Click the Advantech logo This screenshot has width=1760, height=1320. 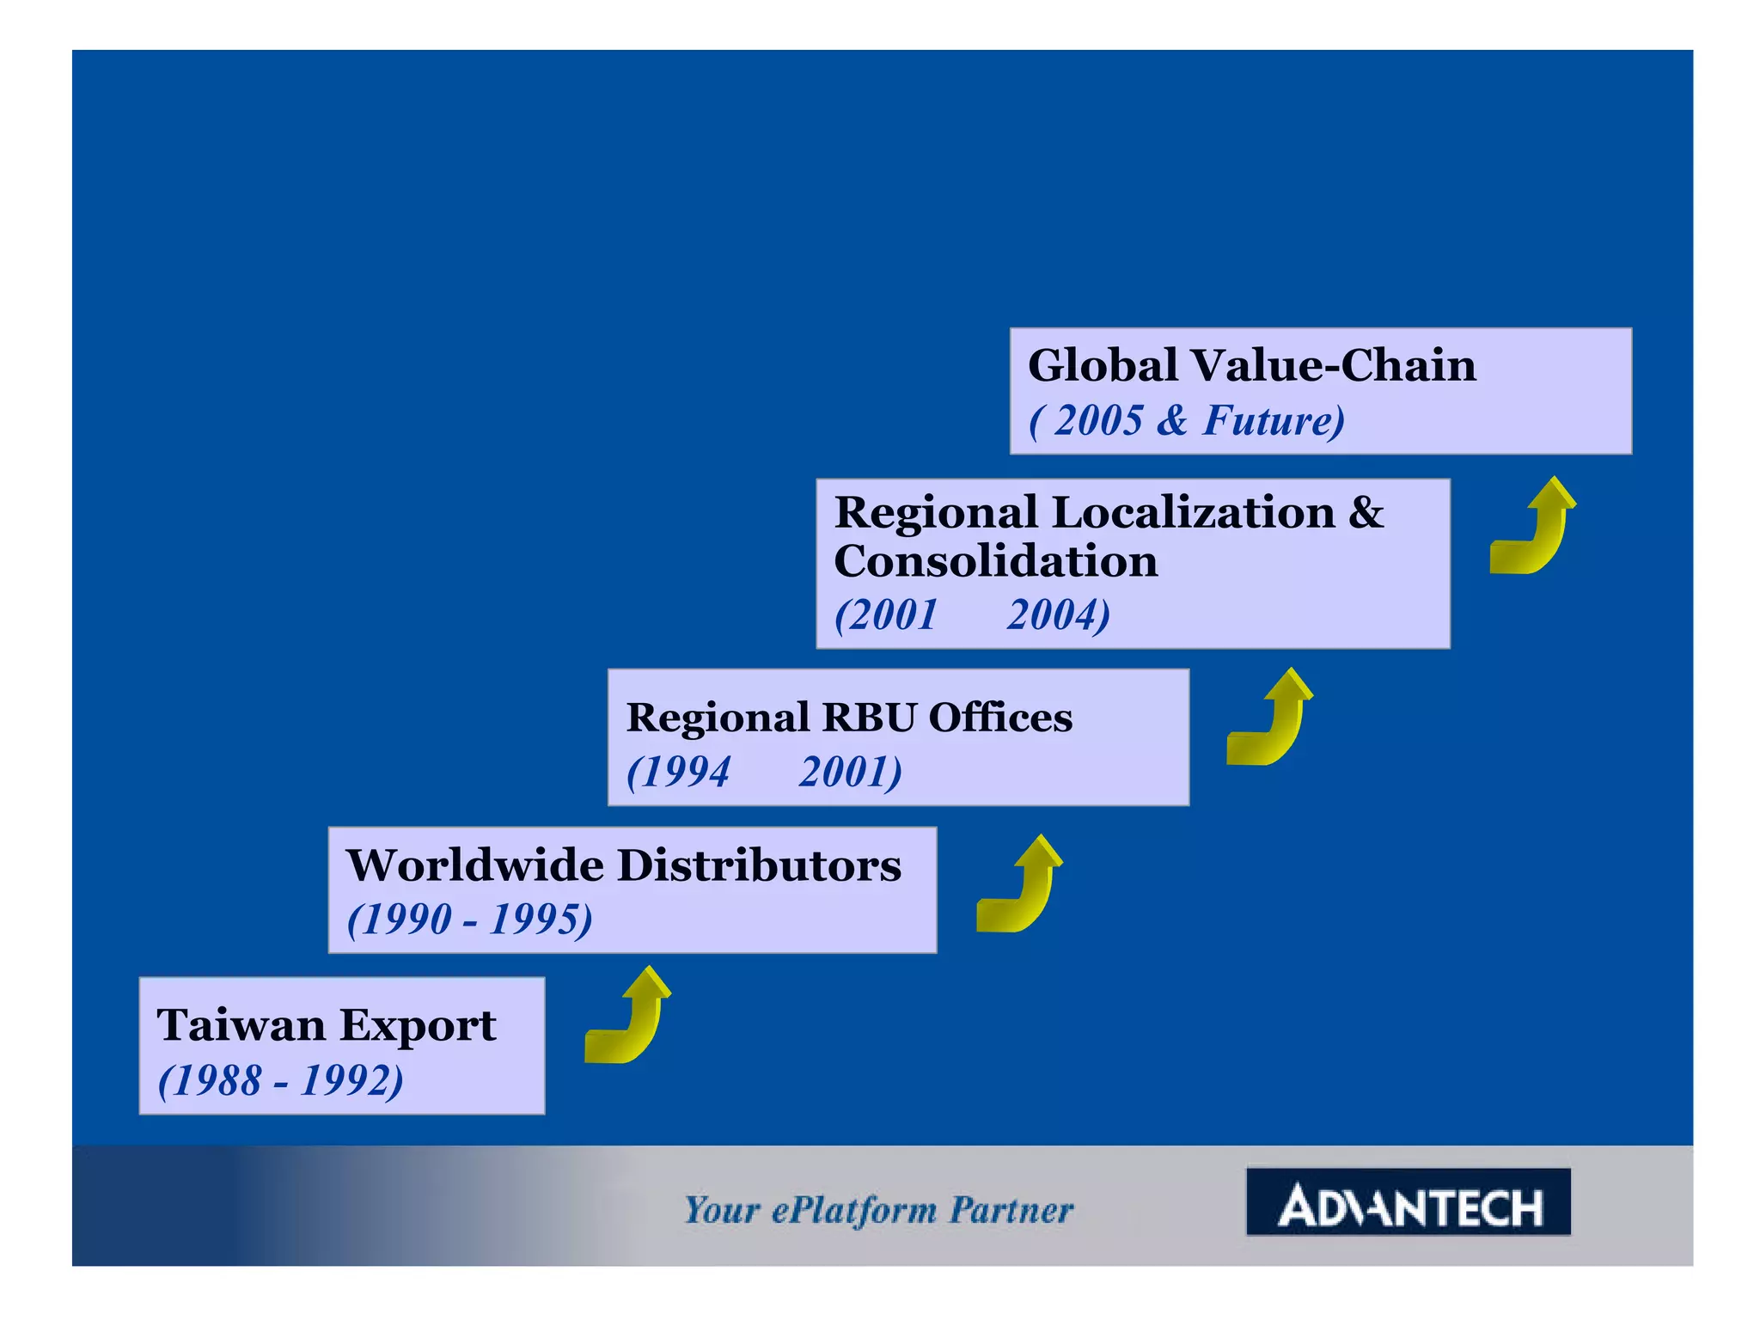[1408, 1202]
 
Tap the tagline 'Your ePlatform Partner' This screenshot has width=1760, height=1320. [878, 1210]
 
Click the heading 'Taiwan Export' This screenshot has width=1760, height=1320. [326, 1025]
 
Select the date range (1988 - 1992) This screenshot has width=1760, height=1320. [280, 1080]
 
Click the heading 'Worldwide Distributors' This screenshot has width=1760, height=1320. [624, 865]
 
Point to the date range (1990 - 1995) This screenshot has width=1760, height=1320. [469, 919]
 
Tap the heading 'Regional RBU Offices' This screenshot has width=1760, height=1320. [849, 718]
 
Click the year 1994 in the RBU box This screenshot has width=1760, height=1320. [679, 772]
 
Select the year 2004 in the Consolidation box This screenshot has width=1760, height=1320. [1058, 615]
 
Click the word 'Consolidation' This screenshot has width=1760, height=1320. [996, 562]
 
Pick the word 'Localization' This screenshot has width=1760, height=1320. [1194, 513]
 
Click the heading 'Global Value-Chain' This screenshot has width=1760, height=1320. [1251, 365]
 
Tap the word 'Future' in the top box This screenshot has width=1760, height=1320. [1268, 420]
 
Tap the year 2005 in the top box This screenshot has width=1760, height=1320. [1097, 420]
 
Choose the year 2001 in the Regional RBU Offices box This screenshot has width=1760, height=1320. [849, 772]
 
